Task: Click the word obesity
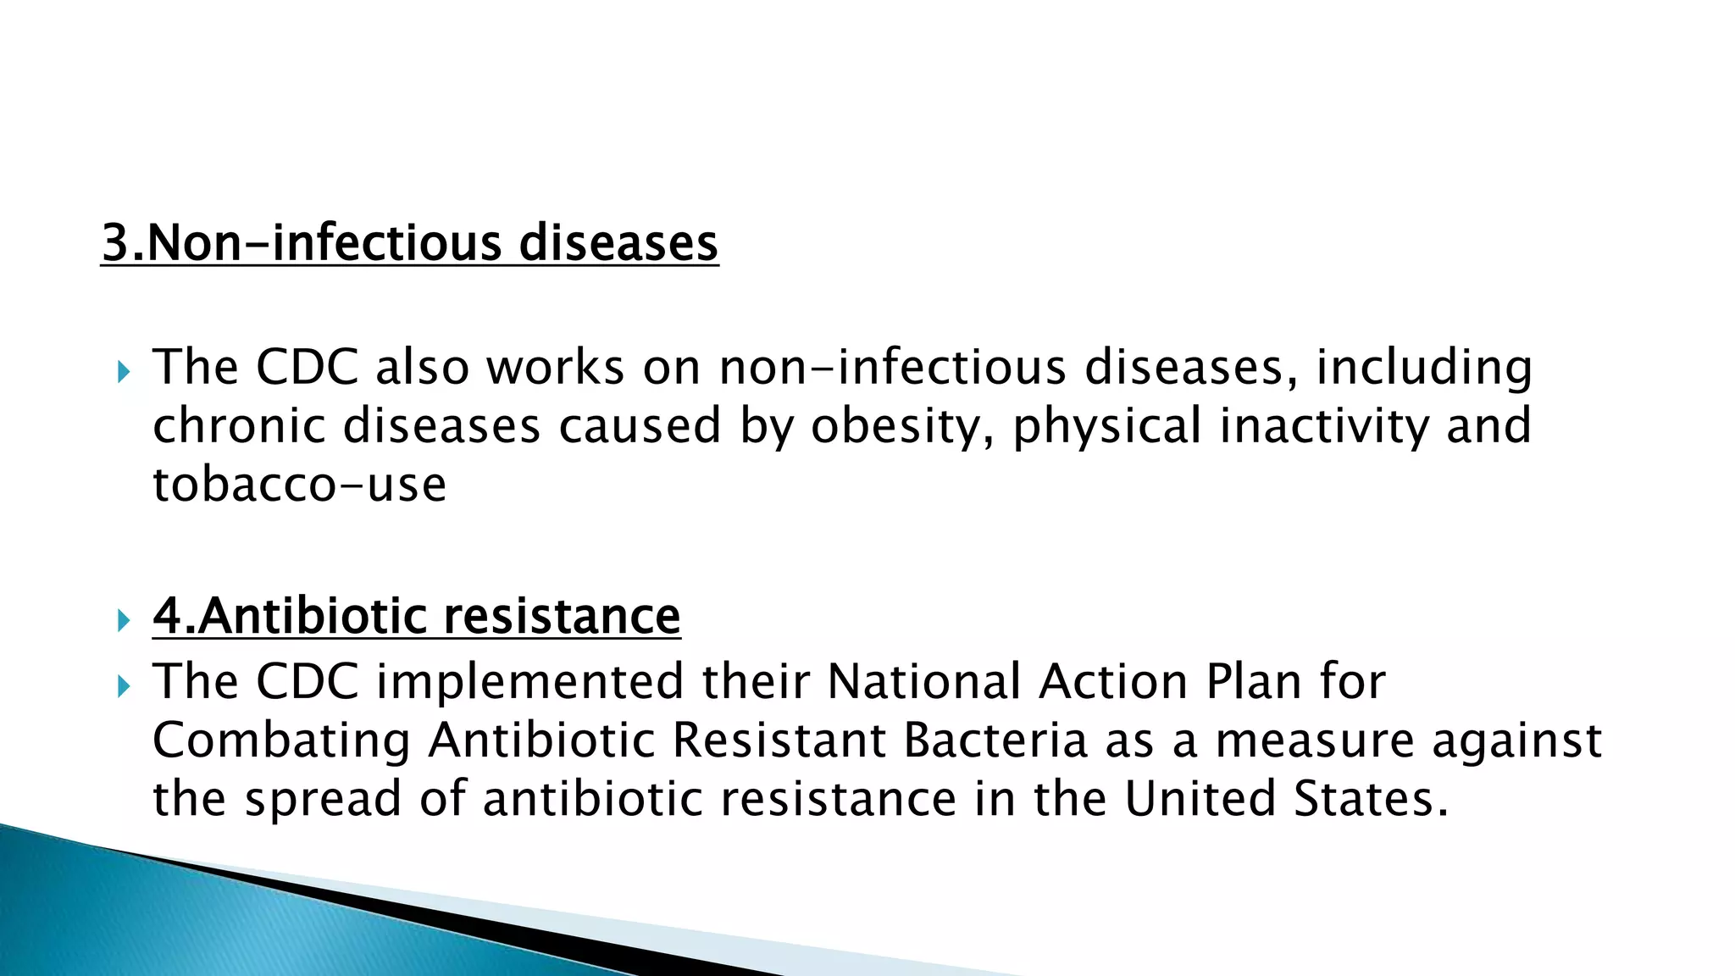tap(902, 426)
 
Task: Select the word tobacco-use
tap(299, 485)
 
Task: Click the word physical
tap(1106, 426)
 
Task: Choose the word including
tap(1423, 369)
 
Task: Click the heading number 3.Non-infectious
tap(302, 243)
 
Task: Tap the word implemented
tap(529, 682)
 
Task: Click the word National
tap(923, 682)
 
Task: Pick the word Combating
tap(281, 740)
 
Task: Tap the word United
tap(1200, 799)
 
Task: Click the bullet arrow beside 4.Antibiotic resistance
tap(124, 620)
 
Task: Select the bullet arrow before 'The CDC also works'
tap(124, 371)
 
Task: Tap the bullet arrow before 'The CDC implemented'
tap(124, 685)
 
